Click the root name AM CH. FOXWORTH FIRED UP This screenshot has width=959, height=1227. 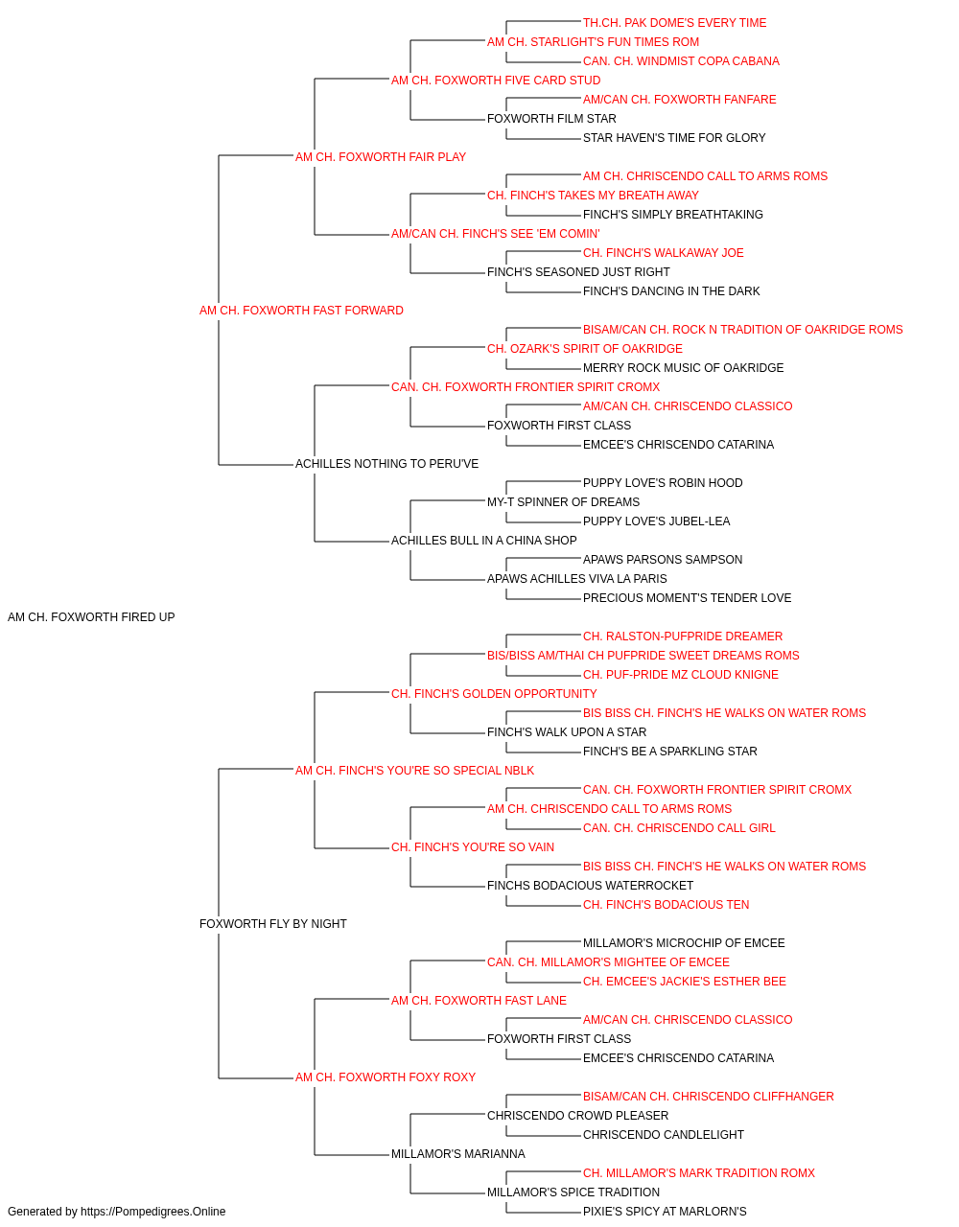point(91,617)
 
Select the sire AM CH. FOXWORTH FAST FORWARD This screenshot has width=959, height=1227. point(301,311)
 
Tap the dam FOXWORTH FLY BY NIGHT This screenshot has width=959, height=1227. point(272,924)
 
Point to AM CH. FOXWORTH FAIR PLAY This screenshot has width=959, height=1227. point(380,157)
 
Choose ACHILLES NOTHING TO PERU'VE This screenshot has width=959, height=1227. point(386,464)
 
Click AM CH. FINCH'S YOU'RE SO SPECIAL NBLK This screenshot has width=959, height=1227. point(414,770)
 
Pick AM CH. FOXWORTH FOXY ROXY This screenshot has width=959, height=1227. point(386,1077)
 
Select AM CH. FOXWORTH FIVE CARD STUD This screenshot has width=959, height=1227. point(495,81)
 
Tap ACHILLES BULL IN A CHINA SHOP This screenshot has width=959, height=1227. point(483,541)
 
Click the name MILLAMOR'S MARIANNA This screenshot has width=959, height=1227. point(458,1153)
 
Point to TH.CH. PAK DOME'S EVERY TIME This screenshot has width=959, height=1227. point(674,23)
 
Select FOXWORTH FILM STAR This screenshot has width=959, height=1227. point(551,119)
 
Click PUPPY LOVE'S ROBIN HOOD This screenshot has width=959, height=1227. point(663,483)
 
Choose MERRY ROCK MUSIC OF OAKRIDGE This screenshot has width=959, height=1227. point(683,367)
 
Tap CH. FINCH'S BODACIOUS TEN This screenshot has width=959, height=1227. point(666,905)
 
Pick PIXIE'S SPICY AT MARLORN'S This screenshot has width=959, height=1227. point(665,1212)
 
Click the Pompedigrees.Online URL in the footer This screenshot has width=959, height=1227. point(152,1212)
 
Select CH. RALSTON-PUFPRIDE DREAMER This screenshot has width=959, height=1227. point(682,637)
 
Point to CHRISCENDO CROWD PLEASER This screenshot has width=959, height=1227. point(577,1115)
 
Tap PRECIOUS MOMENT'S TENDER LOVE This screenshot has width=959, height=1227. point(687,598)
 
